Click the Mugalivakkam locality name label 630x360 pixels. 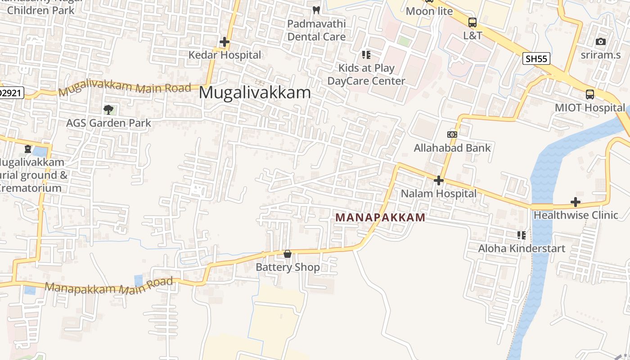point(255,93)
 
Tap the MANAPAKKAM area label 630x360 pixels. point(380,218)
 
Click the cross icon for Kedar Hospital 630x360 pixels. point(225,42)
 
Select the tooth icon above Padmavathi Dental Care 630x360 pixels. point(316,10)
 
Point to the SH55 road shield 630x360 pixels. point(536,58)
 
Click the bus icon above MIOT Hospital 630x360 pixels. point(589,94)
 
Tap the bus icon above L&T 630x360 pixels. point(472,22)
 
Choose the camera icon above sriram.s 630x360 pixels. point(600,42)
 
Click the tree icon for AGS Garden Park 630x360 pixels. point(108,109)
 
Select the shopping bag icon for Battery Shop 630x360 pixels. point(288,254)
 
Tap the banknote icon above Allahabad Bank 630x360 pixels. point(452,135)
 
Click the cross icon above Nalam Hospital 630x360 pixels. point(438,180)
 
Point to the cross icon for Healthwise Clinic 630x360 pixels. point(575,202)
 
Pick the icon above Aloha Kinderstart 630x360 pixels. point(521,235)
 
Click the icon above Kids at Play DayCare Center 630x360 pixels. point(366,55)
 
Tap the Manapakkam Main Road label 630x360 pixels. point(109,286)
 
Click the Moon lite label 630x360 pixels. point(429,11)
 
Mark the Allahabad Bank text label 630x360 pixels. point(452,148)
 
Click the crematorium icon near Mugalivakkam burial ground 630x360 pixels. point(28,148)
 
